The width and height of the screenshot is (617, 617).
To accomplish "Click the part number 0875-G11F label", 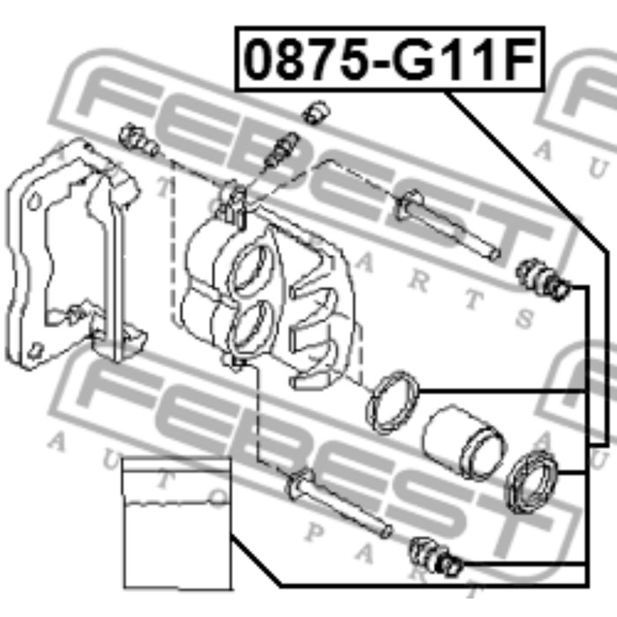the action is pyautogui.click(x=390, y=59).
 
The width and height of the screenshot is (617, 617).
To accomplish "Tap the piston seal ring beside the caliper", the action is pyautogui.click(x=392, y=401).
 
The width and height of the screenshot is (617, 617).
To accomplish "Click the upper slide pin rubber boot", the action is pyautogui.click(x=543, y=279).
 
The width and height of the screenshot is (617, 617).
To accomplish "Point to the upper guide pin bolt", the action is pyautogui.click(x=447, y=224).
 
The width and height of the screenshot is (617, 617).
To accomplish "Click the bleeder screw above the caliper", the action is pyautogui.click(x=281, y=149).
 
